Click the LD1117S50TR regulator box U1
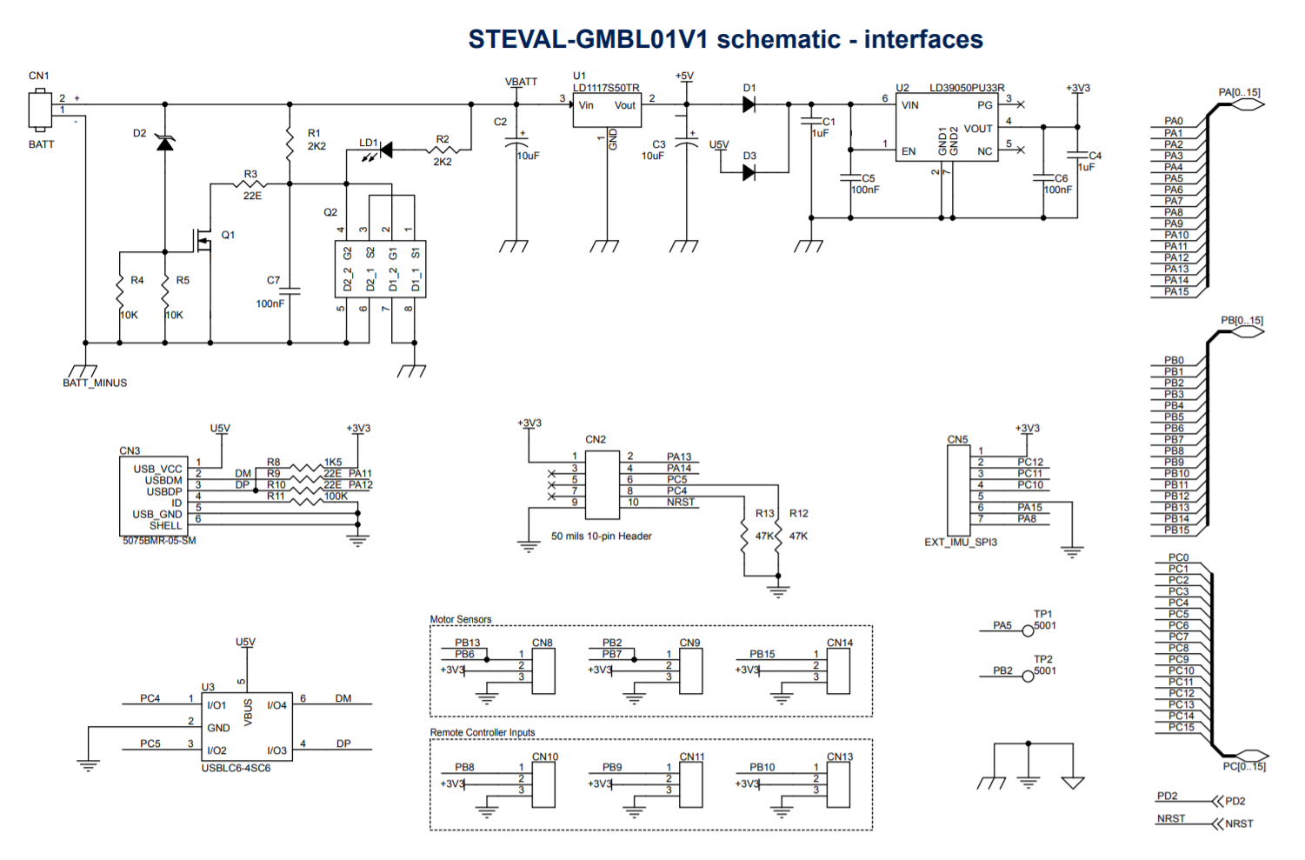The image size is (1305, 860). pos(606,111)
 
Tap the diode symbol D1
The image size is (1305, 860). pos(749,104)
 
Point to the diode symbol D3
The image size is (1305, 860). pos(749,173)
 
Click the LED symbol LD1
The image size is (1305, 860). pos(385,150)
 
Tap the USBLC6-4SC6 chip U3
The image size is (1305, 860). pos(247,727)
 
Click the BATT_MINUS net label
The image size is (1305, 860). pos(95,383)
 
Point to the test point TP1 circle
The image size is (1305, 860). pos(1028,630)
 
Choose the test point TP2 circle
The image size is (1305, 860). pos(1028,676)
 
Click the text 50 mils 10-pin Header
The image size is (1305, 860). pos(601,537)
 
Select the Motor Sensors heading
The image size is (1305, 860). pos(461,619)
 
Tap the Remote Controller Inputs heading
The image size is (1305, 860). pos(483,732)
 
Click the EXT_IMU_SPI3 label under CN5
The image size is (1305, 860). pos(960,543)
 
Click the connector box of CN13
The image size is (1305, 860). pos(838,784)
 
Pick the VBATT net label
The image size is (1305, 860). pos(521,82)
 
